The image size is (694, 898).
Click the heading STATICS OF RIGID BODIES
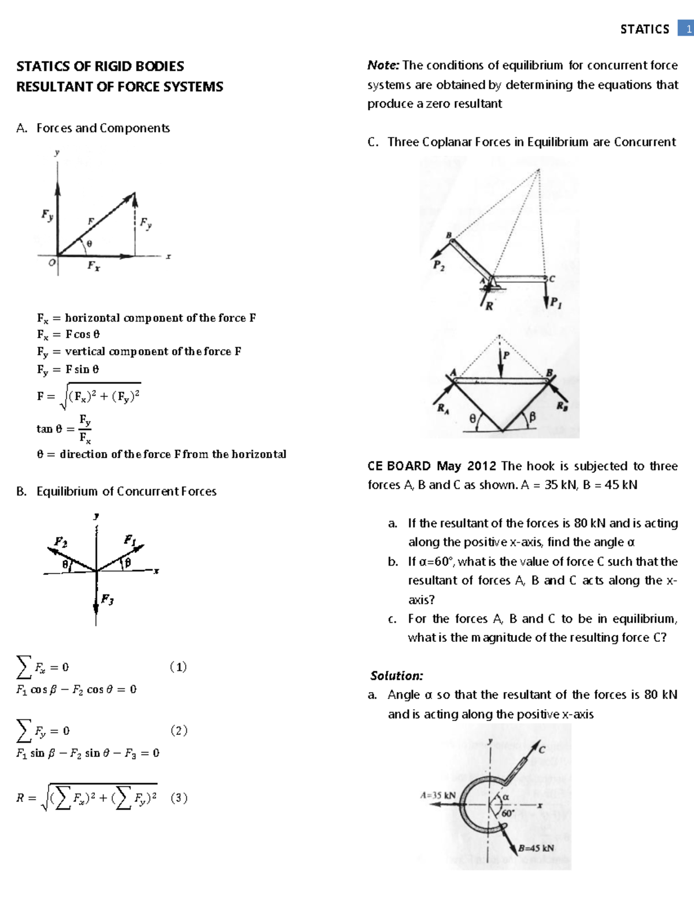(x=100, y=66)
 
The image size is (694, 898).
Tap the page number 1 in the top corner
(x=688, y=29)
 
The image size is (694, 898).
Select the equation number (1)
(x=178, y=667)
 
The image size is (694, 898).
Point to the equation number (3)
(x=179, y=799)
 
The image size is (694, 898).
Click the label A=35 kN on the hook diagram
(x=438, y=795)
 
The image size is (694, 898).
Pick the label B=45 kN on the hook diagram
(x=536, y=848)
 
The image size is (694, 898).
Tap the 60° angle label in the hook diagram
(x=507, y=812)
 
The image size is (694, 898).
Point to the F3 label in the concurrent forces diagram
(x=107, y=599)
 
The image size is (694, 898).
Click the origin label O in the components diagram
(x=52, y=263)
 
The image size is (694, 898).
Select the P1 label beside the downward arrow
(x=556, y=302)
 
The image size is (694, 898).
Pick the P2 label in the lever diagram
(x=439, y=266)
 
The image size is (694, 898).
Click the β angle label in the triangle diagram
(x=533, y=416)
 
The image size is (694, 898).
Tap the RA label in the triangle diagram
(x=442, y=409)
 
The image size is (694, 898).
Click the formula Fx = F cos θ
(x=69, y=334)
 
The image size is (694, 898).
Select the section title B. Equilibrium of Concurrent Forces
(x=116, y=492)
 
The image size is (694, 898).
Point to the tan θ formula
(x=64, y=428)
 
